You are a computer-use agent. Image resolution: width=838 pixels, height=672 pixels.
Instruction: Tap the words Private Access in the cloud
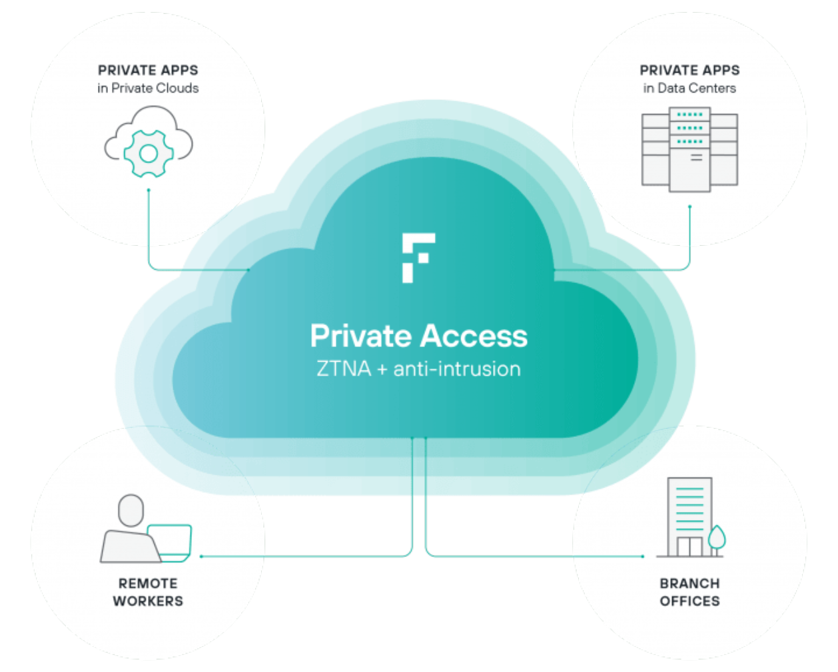tap(418, 336)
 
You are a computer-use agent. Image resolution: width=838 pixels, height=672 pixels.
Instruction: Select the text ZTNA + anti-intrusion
tap(418, 369)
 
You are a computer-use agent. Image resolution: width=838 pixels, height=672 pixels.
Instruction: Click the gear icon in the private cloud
tap(149, 153)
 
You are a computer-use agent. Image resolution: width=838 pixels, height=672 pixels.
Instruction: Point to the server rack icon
tap(689, 149)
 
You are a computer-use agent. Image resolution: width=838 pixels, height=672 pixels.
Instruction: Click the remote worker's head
tap(131, 510)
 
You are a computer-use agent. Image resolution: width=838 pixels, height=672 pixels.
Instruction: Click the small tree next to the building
tap(717, 539)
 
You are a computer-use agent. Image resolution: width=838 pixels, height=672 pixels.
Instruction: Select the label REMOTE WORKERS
tap(148, 592)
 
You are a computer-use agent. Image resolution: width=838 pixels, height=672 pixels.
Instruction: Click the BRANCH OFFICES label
tap(689, 592)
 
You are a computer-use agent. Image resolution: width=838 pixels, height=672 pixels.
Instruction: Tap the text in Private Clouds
tap(148, 89)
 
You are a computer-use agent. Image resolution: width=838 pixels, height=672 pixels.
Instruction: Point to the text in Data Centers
tap(689, 89)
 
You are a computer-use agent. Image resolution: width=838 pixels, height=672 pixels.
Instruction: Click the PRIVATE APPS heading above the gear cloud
tap(148, 71)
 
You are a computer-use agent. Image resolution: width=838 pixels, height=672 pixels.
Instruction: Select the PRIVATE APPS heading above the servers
tap(689, 71)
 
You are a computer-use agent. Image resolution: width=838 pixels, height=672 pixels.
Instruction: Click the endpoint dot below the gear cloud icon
tap(149, 190)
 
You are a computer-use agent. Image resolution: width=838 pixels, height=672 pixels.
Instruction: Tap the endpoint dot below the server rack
tap(689, 206)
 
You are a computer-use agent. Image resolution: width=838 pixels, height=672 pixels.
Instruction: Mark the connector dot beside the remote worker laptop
tap(201, 556)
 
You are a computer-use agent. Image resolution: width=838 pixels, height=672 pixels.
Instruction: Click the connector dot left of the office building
tap(643, 556)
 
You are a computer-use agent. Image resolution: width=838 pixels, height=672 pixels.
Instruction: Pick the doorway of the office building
tap(689, 547)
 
